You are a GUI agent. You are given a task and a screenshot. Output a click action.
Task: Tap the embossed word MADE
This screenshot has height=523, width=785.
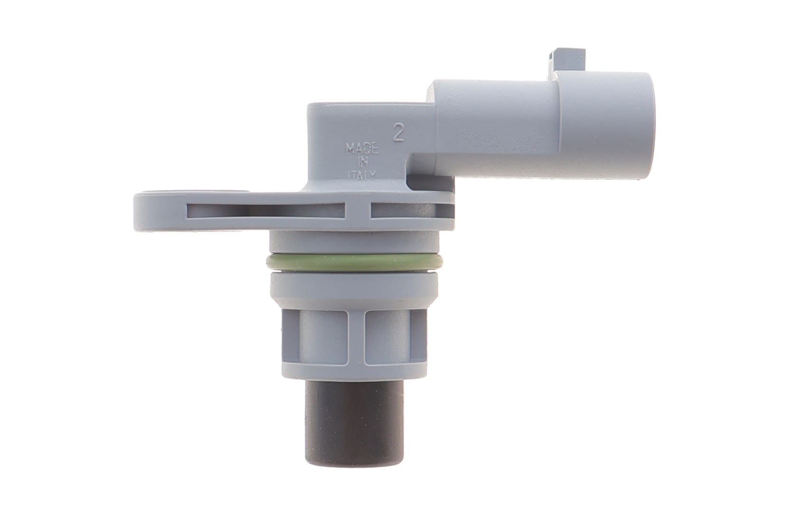[x=362, y=148]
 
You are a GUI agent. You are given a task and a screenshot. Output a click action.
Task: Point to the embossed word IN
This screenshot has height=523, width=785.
[x=362, y=163]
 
